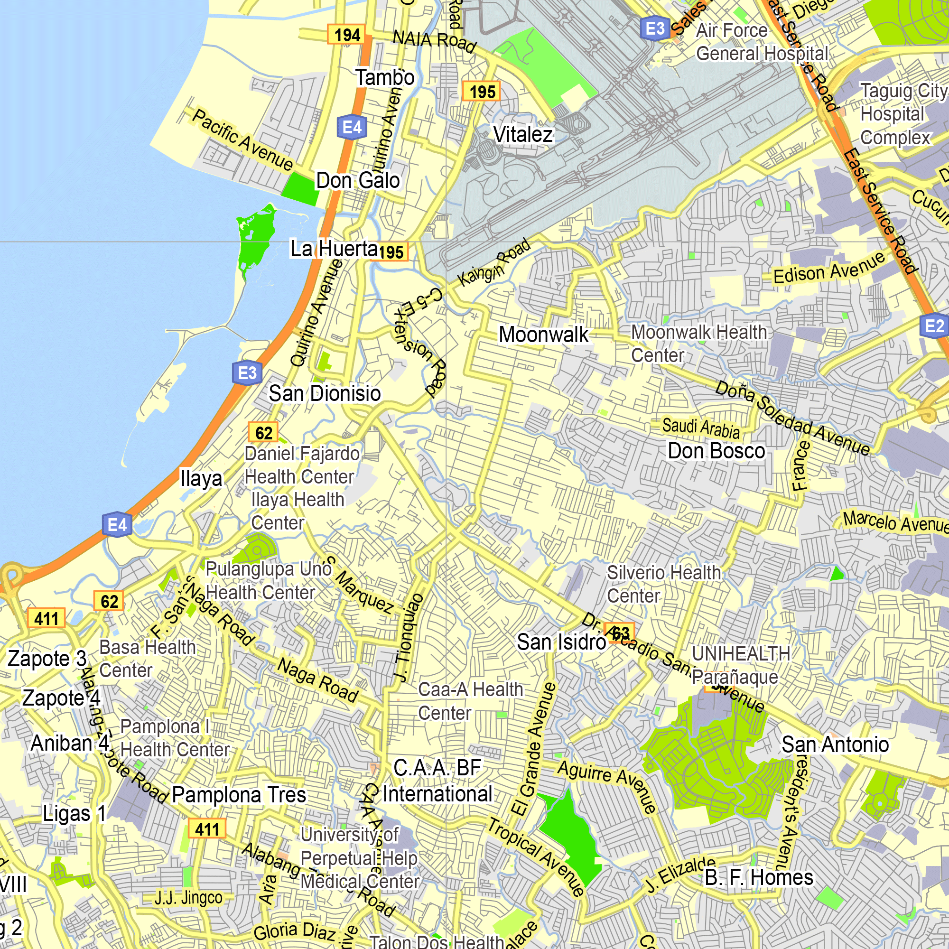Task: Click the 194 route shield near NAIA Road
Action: click(347, 35)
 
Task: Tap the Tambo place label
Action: click(385, 78)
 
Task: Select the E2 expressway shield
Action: click(934, 326)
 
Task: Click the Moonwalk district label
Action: click(543, 335)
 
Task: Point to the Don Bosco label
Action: click(716, 451)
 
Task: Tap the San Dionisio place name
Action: click(325, 393)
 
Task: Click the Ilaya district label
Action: click(201, 478)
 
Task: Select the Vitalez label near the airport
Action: click(522, 135)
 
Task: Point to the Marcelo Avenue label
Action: click(895, 521)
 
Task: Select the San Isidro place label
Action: click(561, 642)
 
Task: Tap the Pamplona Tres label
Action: click(239, 795)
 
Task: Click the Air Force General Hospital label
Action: click(762, 42)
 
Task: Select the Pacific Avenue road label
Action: click(242, 140)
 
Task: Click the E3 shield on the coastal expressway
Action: click(247, 373)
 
